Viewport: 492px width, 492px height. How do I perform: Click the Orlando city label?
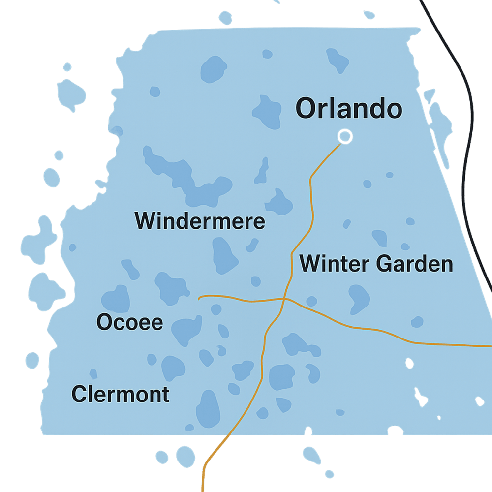point(348,109)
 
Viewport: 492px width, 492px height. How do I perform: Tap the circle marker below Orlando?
point(345,136)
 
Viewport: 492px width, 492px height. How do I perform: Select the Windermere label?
point(200,221)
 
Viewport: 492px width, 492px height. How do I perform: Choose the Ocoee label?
point(129,323)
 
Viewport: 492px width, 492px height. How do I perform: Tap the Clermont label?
point(121,394)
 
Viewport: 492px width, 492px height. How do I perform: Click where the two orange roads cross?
point(284,299)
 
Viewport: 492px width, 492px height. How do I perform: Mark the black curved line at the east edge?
point(470,148)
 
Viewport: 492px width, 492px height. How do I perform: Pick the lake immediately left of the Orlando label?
point(267,112)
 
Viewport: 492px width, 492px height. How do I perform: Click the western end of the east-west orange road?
point(199,298)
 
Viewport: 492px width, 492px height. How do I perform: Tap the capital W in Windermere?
point(145,221)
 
